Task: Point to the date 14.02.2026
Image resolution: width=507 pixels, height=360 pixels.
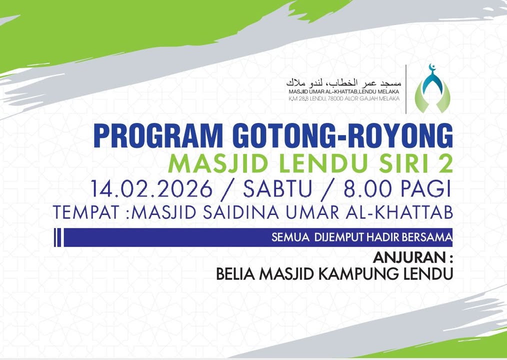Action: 151,189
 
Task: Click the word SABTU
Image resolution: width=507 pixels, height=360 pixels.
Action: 278,189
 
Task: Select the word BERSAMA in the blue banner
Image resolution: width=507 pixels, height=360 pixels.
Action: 429,237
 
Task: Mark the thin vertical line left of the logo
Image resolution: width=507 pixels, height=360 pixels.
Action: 406,89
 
